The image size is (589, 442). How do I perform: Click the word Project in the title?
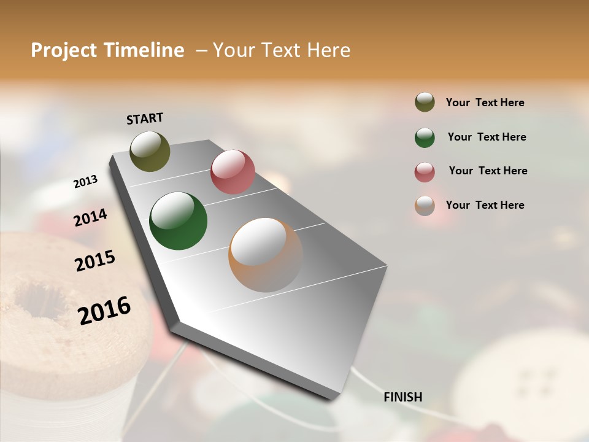(64, 50)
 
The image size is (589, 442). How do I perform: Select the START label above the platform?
(145, 118)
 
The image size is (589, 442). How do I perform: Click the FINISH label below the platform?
(402, 397)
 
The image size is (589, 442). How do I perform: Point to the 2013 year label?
(85, 182)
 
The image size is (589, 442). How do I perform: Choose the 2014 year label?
(90, 218)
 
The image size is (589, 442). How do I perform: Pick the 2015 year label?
(95, 261)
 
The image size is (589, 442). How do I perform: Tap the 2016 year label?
(104, 311)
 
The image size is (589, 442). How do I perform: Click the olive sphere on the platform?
(150, 151)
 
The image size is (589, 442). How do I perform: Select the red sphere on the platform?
(233, 172)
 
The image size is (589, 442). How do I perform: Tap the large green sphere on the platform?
(178, 221)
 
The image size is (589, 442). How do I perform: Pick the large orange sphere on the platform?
(266, 254)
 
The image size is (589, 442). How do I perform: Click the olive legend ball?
(425, 103)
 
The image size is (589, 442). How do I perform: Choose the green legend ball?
(425, 137)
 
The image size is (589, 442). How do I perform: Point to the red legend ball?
(425, 171)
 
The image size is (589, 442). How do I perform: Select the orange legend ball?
(425, 206)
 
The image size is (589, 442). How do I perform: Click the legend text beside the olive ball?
(485, 103)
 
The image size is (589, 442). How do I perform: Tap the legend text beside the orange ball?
(485, 205)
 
